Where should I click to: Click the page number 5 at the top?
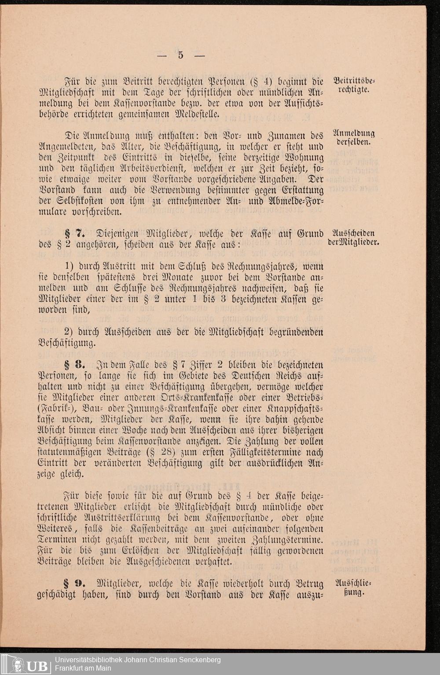pyautogui.click(x=181, y=55)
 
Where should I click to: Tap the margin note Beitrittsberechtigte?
pyautogui.click(x=354, y=85)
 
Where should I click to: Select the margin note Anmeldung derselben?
pyautogui.click(x=354, y=137)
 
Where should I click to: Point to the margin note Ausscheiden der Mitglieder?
pyautogui.click(x=354, y=238)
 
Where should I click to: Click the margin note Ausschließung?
pyautogui.click(x=354, y=588)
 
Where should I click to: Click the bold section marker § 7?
pyautogui.click(x=73, y=234)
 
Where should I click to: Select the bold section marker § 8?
pyautogui.click(x=73, y=365)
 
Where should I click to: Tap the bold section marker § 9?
pyautogui.click(x=73, y=584)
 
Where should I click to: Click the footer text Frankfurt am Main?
pyautogui.click(x=83, y=668)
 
